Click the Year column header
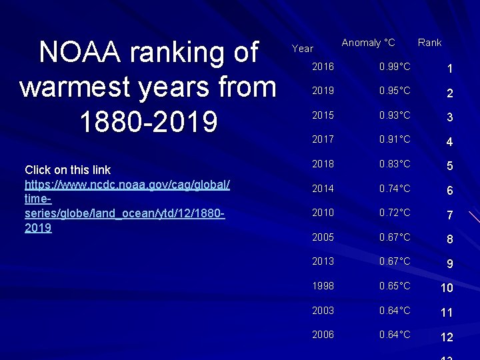click(x=303, y=48)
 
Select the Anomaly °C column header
click(x=368, y=43)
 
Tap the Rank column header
click(x=429, y=43)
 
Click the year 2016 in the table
click(x=323, y=67)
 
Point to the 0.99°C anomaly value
click(x=395, y=67)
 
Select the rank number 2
click(x=450, y=93)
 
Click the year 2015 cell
click(x=323, y=115)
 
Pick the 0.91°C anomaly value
click(x=395, y=140)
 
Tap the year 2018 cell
click(x=323, y=164)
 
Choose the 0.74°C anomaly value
click(x=395, y=189)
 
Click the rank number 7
click(x=450, y=215)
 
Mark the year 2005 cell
click(x=323, y=237)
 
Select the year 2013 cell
click(x=323, y=261)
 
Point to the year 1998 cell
click(x=323, y=286)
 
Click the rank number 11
click(x=447, y=313)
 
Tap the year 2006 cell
click(x=323, y=335)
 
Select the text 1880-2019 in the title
click(x=148, y=121)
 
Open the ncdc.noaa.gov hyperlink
click(x=127, y=199)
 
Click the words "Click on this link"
click(x=67, y=170)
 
